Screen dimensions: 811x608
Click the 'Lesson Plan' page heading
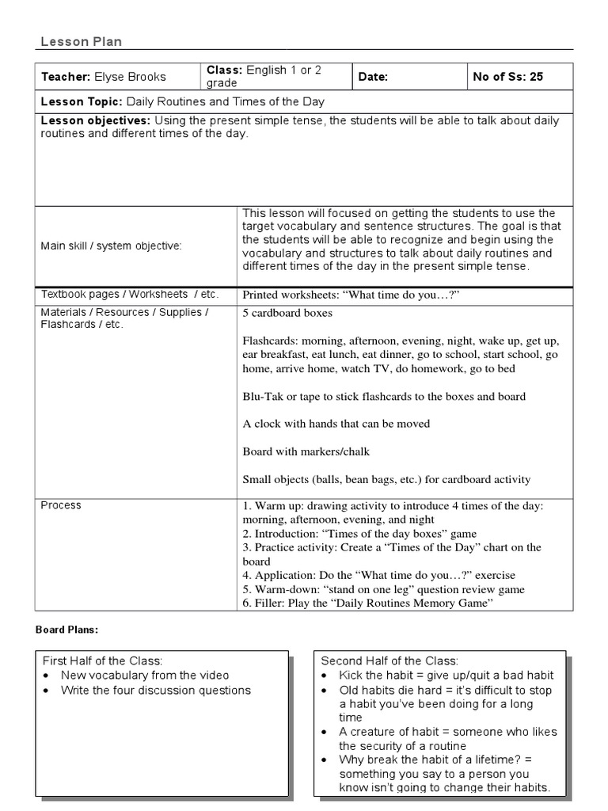(81, 42)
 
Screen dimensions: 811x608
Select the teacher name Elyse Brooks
(131, 77)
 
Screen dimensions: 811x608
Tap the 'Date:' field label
(373, 77)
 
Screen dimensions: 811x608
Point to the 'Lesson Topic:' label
(82, 102)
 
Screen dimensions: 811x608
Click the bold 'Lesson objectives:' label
(96, 120)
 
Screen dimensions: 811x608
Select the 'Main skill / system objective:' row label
(111, 246)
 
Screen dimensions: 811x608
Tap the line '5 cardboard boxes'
(287, 313)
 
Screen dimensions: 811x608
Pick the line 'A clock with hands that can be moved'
(336, 424)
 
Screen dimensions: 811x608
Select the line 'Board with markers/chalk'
(306, 451)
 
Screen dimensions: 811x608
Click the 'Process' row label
(61, 505)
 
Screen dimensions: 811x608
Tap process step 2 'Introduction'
(359, 534)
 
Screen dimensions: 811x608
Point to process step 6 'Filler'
(367, 603)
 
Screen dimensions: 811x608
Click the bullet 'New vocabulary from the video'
(145, 676)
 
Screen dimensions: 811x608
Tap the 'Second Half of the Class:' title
(389, 661)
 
